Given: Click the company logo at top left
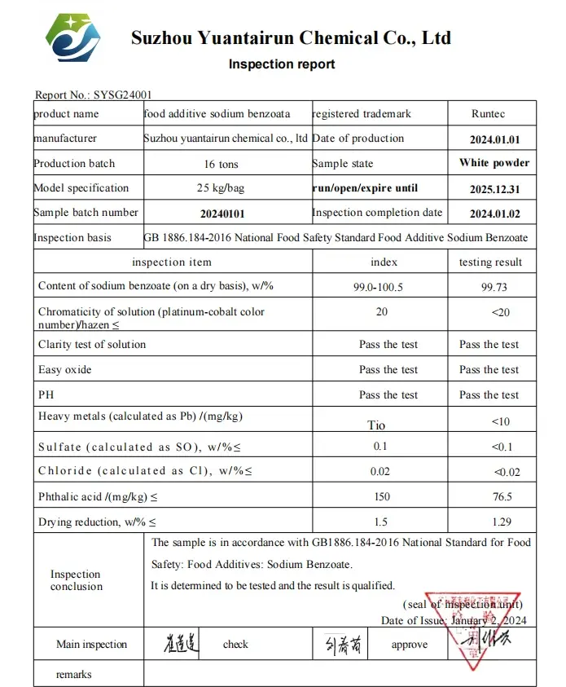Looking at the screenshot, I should click(72, 37).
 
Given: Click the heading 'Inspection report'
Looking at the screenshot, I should click(281, 64).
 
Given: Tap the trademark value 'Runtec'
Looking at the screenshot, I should click(492, 114).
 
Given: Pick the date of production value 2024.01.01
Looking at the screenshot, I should click(494, 139).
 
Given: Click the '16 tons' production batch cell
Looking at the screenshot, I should click(221, 164).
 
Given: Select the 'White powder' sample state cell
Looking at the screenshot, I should click(494, 163).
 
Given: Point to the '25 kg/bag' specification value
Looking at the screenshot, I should click(221, 188).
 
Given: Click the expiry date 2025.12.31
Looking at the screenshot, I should click(494, 188).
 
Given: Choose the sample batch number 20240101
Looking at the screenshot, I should click(222, 214).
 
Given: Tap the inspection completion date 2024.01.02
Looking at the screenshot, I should click(494, 214).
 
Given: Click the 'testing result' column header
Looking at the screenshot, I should click(490, 262).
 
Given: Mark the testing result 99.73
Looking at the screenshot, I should click(489, 286).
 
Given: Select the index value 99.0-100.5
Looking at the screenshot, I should click(381, 286).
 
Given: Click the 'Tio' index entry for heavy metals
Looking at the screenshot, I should click(376, 425).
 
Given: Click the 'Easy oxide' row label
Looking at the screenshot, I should click(65, 370).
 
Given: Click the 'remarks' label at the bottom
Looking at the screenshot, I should click(74, 675).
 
